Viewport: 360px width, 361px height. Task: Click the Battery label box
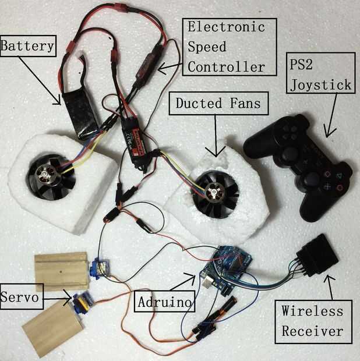coord(28,45)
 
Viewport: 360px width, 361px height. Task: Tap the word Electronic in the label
coord(225,27)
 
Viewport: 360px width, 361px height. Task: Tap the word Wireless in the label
coord(313,312)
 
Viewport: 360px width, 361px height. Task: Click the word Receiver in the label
coord(313,331)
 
